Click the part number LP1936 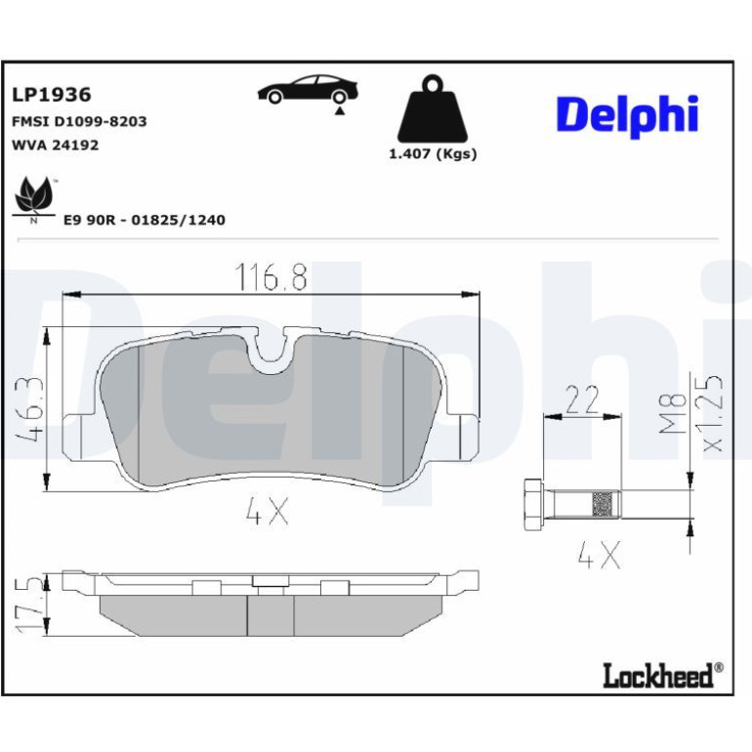click(52, 95)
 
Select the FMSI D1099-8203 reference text click(79, 121)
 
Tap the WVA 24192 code click(55, 145)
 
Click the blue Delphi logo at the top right click(627, 115)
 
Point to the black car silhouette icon click(308, 89)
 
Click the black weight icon click(433, 108)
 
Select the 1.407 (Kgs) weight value click(433, 154)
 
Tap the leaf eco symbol click(33, 197)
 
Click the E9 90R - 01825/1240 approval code click(145, 220)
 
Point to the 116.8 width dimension click(271, 276)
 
